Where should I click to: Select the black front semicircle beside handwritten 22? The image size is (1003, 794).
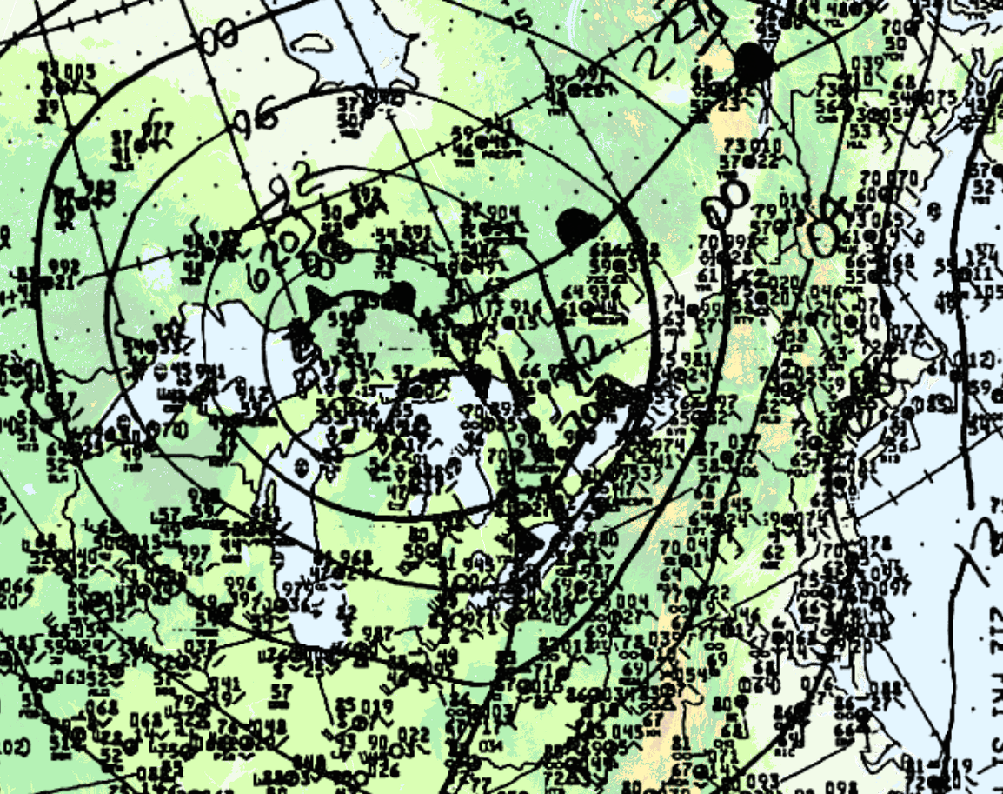tap(754, 65)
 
